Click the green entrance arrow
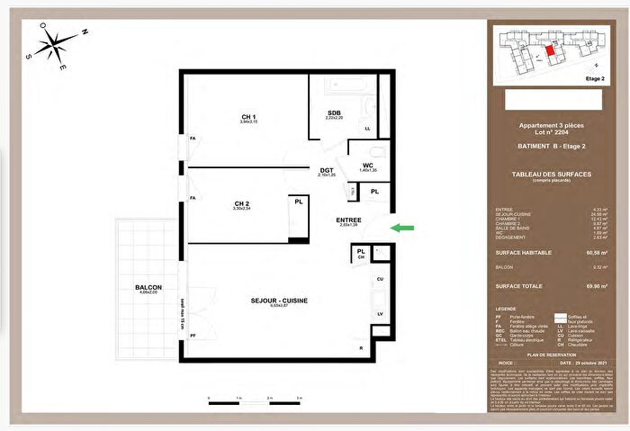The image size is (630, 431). pos(404,228)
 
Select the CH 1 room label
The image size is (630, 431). pos(249,117)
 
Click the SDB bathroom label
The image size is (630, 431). pos(334,112)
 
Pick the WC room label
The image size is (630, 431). pos(368,165)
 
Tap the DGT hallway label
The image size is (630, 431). pos(327,170)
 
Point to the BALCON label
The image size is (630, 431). pos(148,287)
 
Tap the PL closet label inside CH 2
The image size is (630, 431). pos(298,202)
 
